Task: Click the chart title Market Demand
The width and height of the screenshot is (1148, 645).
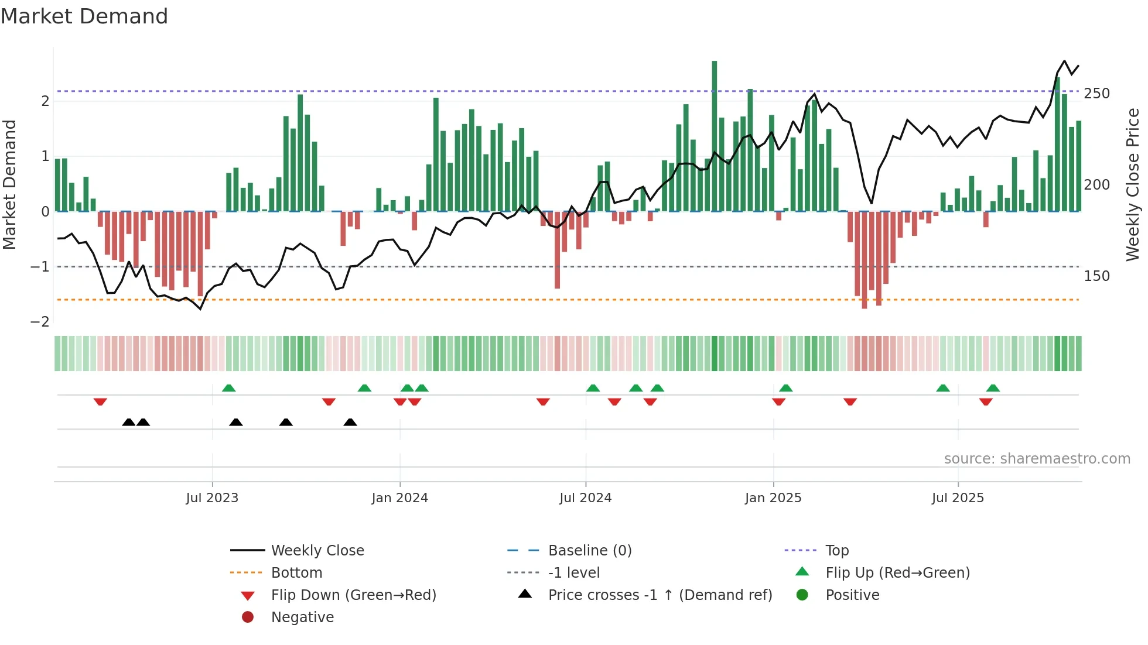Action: (84, 16)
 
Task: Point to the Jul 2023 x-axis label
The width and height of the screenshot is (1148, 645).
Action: (212, 498)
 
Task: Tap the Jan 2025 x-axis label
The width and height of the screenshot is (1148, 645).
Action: (773, 498)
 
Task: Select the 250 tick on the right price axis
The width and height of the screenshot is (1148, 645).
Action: (1096, 94)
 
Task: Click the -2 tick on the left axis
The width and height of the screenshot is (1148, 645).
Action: (40, 322)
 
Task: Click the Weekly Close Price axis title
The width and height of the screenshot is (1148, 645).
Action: (1133, 184)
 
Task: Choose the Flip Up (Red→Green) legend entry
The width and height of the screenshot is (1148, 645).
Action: (897, 573)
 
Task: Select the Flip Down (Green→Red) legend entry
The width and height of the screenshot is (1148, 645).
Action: (353, 595)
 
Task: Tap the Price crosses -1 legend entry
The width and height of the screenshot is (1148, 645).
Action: (660, 595)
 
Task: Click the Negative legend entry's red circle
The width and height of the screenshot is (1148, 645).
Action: (248, 617)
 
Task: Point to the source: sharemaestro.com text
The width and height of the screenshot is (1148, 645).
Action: (1037, 459)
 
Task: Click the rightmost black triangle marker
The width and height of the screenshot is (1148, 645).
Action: (350, 423)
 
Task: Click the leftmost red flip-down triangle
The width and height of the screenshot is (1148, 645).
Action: (100, 402)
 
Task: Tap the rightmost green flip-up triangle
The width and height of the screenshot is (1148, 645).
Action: (993, 388)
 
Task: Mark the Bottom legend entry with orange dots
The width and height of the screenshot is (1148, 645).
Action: (296, 573)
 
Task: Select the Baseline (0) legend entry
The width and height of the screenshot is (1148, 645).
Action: (589, 551)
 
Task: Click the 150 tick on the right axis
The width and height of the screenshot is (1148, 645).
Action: (1096, 276)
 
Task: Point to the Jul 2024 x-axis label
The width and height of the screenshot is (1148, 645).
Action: (585, 498)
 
